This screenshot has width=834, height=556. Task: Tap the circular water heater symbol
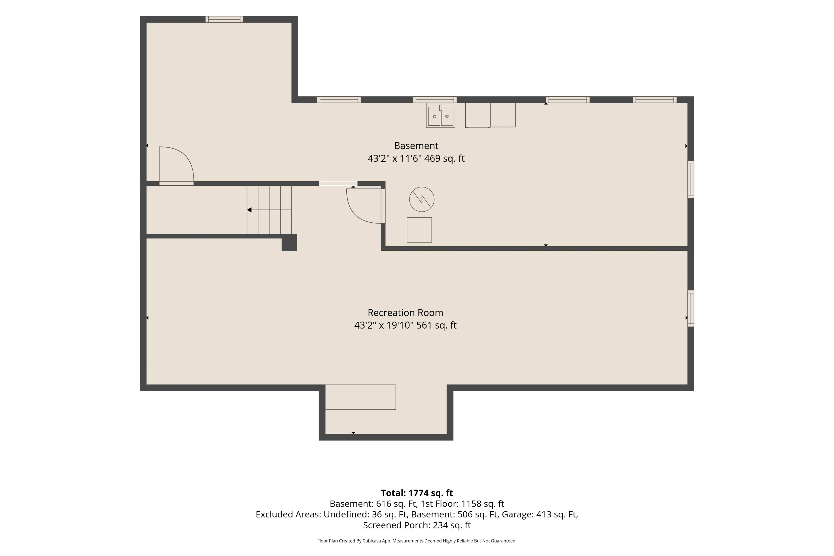[422, 199]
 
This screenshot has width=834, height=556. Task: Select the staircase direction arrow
[269, 210]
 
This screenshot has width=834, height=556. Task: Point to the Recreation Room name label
[405, 313]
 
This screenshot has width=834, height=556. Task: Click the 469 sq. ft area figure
[444, 158]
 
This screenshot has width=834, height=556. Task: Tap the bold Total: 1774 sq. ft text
[417, 493]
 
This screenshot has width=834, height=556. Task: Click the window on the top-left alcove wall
[224, 19]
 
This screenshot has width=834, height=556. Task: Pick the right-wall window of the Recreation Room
[691, 309]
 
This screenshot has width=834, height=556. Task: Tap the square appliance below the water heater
[419, 230]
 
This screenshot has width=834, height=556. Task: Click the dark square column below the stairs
[289, 242]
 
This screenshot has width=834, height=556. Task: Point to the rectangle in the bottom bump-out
[361, 397]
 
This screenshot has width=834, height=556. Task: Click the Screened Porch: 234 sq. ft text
[417, 525]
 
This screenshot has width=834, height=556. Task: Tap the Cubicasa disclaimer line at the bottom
[417, 541]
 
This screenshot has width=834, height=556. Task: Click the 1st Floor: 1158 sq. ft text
[462, 503]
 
